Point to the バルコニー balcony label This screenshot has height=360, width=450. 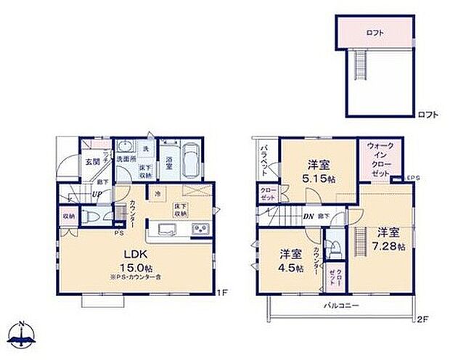[x=340, y=306]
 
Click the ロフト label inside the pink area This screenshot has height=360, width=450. [x=375, y=33]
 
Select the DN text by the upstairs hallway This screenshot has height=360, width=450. [x=307, y=216]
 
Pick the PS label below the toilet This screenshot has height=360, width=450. [x=117, y=233]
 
